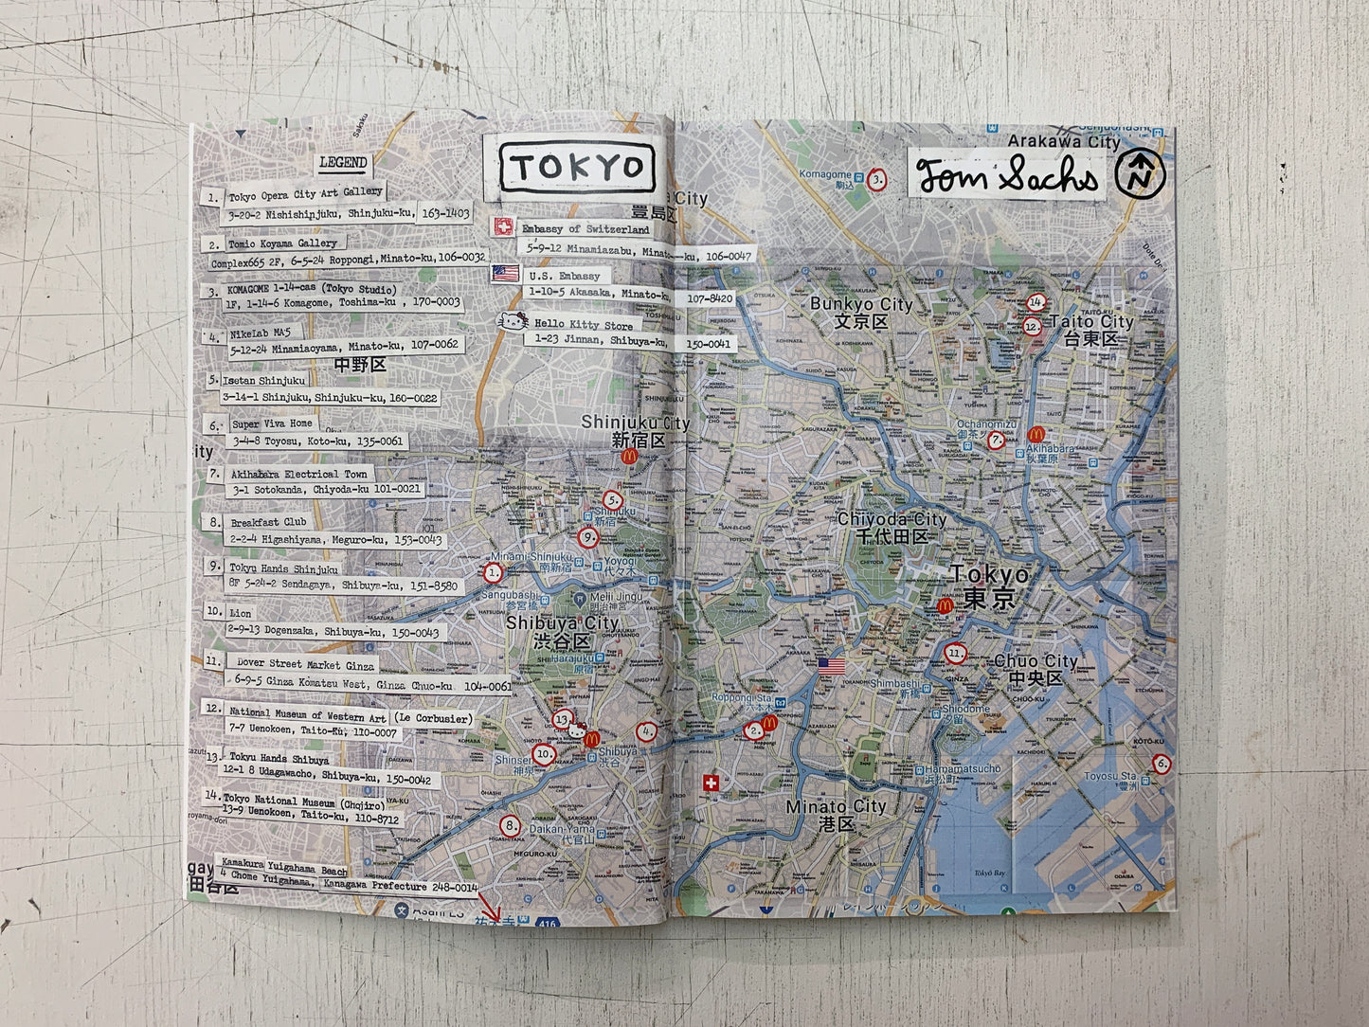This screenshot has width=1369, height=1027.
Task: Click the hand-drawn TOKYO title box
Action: (x=577, y=168)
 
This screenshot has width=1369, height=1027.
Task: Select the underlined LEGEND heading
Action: (x=343, y=163)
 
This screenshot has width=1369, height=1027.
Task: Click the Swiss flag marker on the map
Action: (x=710, y=783)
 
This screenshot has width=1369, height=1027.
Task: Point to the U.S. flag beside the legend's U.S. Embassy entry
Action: (x=506, y=273)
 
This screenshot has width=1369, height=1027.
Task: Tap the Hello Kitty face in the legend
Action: (x=513, y=322)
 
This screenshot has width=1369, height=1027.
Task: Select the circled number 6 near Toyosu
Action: (x=1162, y=764)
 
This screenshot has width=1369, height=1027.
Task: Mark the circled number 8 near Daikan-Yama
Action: (x=510, y=826)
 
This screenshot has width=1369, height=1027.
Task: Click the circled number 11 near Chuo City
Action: (x=954, y=653)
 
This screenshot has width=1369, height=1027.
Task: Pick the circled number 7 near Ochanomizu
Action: (x=996, y=441)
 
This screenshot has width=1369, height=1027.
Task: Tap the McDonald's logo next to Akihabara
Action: (x=1036, y=434)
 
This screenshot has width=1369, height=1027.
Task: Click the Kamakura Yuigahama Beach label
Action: (x=284, y=867)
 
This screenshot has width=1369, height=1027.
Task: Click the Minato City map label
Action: (x=836, y=807)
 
